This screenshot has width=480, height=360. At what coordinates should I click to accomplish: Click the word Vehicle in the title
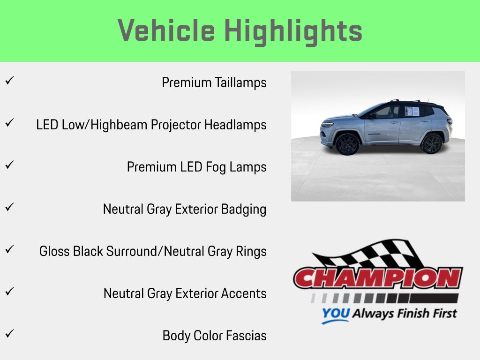[x=166, y=30]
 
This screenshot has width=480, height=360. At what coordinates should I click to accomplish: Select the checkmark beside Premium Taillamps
[x=9, y=81]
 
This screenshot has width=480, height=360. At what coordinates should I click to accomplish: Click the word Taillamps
[x=240, y=82]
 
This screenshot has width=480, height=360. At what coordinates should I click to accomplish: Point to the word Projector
[x=176, y=125]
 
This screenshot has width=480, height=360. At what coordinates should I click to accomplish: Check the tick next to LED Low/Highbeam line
[x=9, y=123]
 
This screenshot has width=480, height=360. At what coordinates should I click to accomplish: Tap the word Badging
[x=244, y=210]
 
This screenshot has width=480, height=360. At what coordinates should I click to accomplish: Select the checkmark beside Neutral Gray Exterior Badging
[x=9, y=207]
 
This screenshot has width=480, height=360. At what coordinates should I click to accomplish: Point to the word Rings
[x=251, y=252]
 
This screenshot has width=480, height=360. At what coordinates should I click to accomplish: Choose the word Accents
[x=244, y=293]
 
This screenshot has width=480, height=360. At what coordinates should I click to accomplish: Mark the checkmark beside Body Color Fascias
[x=9, y=333]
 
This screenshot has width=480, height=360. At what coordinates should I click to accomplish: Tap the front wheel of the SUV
[x=348, y=144]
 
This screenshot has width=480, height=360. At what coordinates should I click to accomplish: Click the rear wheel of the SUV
[x=431, y=143]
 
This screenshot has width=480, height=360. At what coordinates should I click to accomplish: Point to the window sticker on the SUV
[x=412, y=111]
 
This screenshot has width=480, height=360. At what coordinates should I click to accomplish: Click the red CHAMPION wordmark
[x=378, y=278]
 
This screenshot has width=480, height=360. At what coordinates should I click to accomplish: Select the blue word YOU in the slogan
[x=336, y=313]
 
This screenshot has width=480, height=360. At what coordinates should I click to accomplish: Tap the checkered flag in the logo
[x=367, y=254]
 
